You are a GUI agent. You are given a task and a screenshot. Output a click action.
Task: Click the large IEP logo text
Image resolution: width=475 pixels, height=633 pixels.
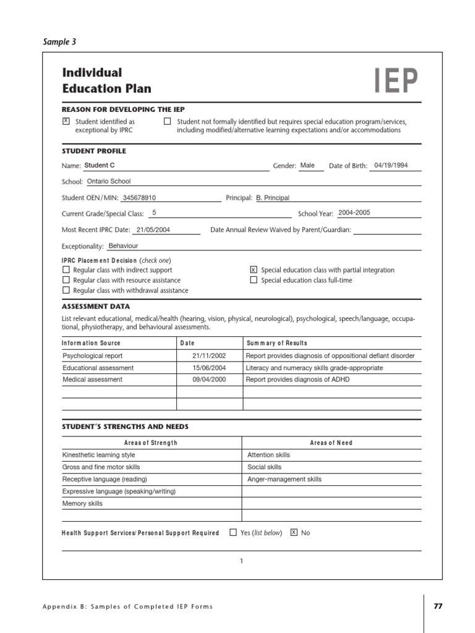coord(396,80)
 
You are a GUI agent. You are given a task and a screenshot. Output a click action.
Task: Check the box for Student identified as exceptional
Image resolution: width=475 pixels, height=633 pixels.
coord(66,121)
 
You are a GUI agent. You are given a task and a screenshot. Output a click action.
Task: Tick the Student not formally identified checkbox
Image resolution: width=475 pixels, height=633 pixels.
coord(167,121)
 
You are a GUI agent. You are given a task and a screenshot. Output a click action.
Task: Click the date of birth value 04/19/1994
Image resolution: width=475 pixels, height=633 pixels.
coord(391,166)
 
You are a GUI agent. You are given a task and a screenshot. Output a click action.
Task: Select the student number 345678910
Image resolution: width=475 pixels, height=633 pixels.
coord(139,198)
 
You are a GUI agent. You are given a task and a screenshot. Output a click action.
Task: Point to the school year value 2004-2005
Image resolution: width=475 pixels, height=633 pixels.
coord(354,213)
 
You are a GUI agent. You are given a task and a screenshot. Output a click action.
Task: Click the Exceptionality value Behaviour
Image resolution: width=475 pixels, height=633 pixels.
coord(123,245)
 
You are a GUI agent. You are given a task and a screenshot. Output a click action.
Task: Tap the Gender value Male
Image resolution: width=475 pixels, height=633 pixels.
coord(307,166)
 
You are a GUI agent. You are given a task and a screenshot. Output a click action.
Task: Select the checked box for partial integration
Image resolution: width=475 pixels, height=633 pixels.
coord(253,270)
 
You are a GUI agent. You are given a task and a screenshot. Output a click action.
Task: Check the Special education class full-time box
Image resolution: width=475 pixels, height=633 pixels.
coord(253,279)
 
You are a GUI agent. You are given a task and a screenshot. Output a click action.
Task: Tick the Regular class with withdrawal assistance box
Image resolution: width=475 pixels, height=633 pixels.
coord(66,290)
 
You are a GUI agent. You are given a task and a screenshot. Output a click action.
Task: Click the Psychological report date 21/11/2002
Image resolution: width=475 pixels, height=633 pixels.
coord(209,356)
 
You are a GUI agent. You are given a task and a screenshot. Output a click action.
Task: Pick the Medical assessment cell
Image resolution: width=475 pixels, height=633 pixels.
coord(92,380)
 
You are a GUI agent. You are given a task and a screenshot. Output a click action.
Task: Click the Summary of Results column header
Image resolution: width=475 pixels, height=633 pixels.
coord(276,343)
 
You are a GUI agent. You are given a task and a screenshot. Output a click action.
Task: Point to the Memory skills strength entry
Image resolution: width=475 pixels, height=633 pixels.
coord(82,504)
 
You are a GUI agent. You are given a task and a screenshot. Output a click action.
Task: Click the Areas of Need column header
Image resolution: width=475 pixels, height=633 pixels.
coord(331,443)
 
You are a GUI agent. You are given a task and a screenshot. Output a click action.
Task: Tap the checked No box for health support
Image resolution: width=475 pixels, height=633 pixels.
coord(294,532)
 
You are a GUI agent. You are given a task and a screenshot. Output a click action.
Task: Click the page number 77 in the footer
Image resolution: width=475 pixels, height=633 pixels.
coord(438,606)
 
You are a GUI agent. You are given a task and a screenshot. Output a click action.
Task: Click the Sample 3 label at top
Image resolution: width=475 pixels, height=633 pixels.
coord(59,42)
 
